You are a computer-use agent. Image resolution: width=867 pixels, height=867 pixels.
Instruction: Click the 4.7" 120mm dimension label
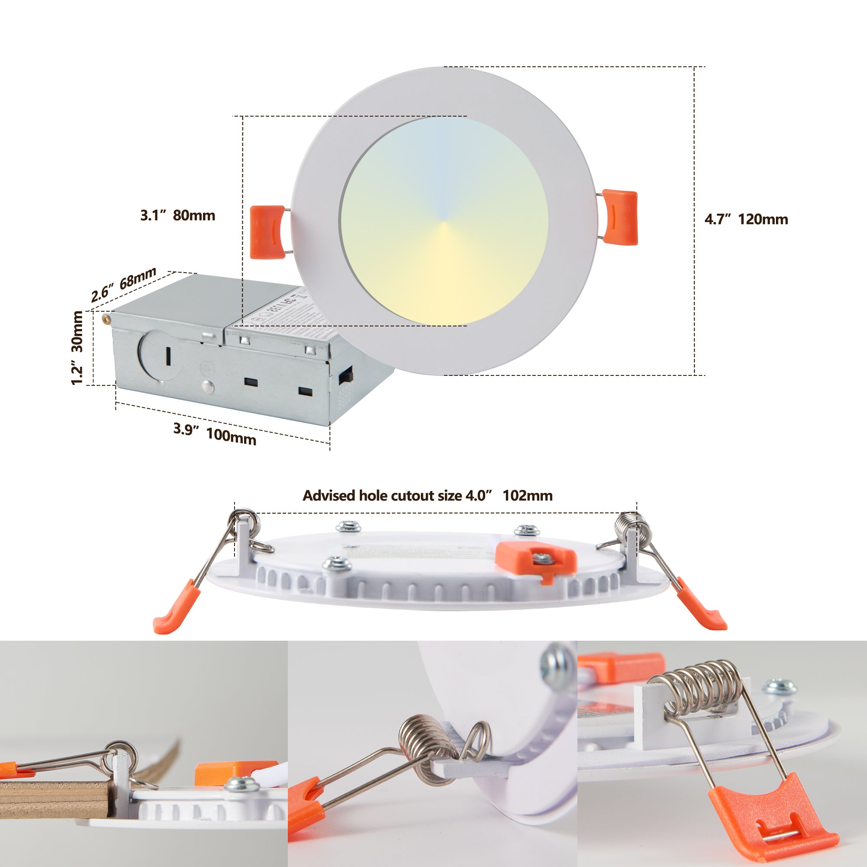746,219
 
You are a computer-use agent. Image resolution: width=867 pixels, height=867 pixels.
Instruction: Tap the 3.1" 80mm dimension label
178,215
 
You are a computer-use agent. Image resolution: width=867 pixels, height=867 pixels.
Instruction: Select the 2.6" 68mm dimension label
124,284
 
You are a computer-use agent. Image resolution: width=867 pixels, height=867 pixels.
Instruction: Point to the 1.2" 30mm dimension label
77,348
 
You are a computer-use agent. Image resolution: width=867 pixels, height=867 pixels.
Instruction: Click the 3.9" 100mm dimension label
215,433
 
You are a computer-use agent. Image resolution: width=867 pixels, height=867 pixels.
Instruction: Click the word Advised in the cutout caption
329,495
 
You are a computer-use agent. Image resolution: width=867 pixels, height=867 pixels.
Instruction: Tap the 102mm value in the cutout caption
527,495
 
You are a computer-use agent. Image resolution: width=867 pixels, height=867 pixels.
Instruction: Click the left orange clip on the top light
267,232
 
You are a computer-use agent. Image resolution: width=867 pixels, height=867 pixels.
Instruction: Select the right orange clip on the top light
620,217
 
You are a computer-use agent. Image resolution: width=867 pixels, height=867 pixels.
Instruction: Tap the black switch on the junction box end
345,375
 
